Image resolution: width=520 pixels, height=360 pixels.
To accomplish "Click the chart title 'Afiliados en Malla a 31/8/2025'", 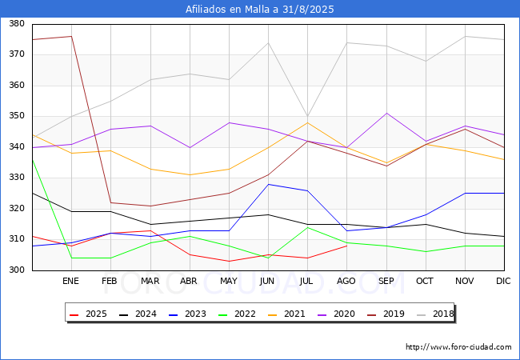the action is click(x=260, y=9).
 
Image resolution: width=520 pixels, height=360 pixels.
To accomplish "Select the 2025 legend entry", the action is click(x=88, y=314).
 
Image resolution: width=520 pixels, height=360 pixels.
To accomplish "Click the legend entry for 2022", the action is click(x=237, y=314).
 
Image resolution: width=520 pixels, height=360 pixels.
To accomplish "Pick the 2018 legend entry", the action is click(x=435, y=314).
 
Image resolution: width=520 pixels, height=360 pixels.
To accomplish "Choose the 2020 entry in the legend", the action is click(x=336, y=314).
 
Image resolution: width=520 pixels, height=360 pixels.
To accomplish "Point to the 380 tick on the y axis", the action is click(x=17, y=23).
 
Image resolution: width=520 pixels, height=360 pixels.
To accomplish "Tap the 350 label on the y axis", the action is click(x=17, y=116).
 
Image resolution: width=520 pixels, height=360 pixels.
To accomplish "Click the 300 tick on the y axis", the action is click(x=17, y=270).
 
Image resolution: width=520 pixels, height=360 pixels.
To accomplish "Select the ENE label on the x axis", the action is click(x=70, y=281).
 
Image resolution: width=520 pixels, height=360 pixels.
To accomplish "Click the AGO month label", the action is click(x=346, y=281).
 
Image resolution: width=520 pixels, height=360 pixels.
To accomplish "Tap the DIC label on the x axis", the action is click(x=503, y=281).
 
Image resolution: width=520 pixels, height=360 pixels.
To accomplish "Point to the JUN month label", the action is click(x=267, y=281).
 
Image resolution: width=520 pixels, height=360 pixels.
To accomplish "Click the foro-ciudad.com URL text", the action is click(x=458, y=347).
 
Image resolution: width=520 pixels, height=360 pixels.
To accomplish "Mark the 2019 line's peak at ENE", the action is click(x=72, y=36).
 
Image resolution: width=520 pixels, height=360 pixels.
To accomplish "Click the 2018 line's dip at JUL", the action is click(x=308, y=116).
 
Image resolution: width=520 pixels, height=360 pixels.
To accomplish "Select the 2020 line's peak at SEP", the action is click(x=386, y=114).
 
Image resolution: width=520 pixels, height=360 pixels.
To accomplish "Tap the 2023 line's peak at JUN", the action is click(x=268, y=184).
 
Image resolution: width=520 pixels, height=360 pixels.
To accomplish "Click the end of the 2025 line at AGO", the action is click(x=347, y=246).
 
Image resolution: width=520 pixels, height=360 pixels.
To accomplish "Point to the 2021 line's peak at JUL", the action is click(x=308, y=122).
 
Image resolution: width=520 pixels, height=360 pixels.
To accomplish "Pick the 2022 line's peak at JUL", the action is click(x=308, y=227).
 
